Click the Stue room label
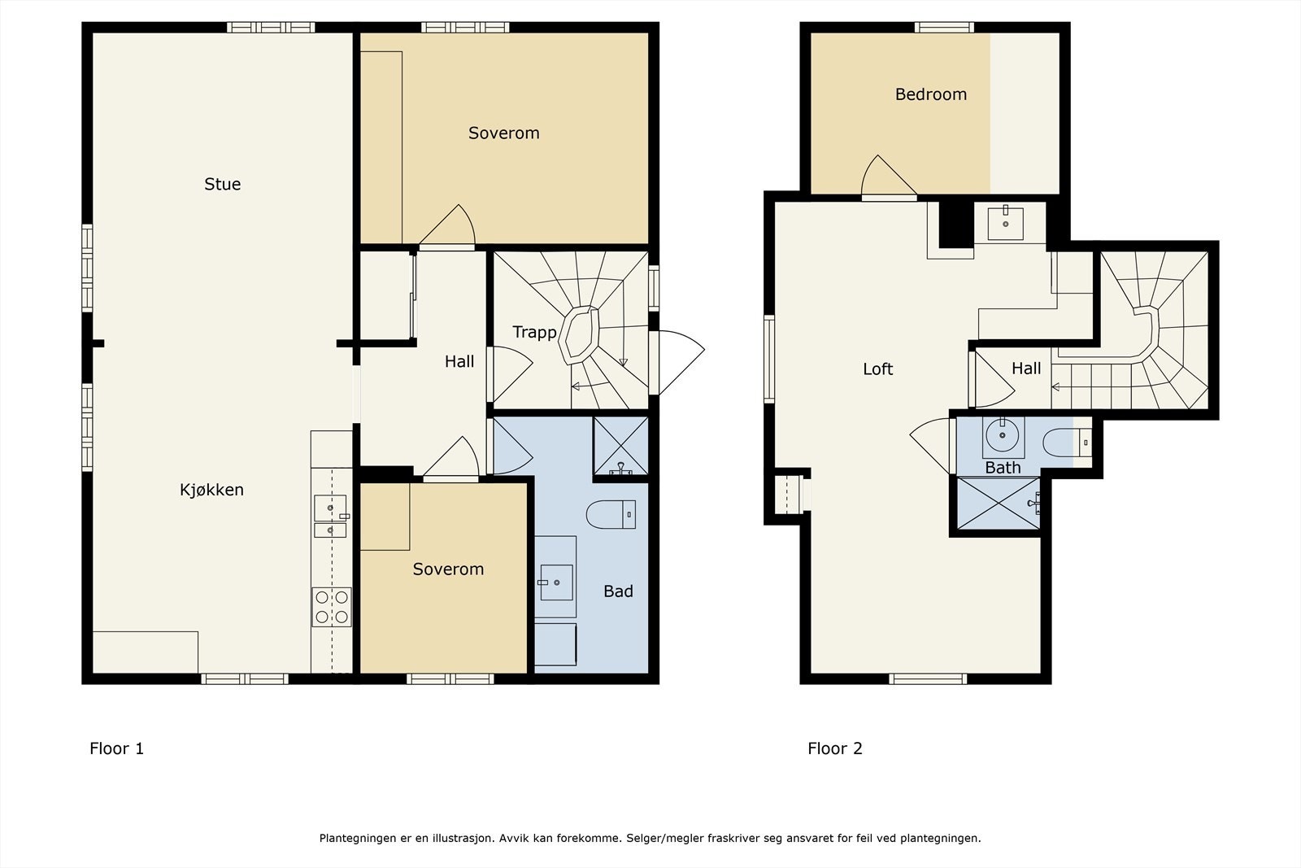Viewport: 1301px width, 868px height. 223,184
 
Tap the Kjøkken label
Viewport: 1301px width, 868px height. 211,490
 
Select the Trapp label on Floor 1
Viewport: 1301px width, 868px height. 534,333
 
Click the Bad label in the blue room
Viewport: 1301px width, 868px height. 618,591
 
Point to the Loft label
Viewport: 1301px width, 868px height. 877,369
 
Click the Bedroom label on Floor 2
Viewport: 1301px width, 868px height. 930,94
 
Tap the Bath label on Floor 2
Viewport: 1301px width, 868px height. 1003,467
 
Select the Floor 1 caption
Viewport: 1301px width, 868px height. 116,748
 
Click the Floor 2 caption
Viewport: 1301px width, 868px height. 834,748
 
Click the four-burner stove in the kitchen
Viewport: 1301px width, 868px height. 332,607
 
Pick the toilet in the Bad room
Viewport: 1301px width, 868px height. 611,514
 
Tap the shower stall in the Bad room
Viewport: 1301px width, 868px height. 620,446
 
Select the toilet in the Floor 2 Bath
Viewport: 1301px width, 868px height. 1067,443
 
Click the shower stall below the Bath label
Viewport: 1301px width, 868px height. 998,503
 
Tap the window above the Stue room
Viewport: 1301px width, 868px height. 271,28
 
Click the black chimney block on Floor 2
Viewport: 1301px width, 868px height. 956,225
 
